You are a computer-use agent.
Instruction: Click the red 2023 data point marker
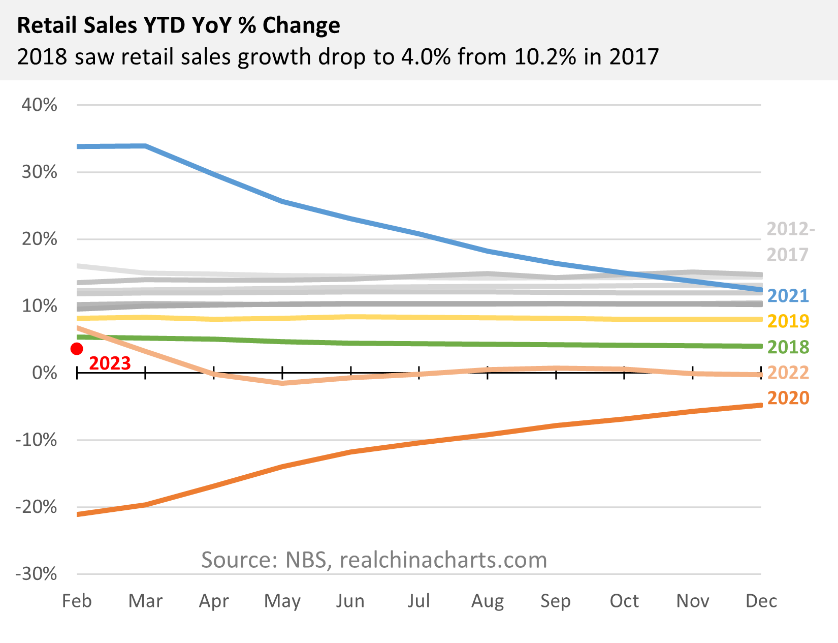pyautogui.click(x=77, y=349)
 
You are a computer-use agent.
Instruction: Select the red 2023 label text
pyautogui.click(x=110, y=363)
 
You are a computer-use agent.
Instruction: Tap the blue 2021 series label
pyautogui.click(x=788, y=295)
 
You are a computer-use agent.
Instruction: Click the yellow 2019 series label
pyautogui.click(x=788, y=321)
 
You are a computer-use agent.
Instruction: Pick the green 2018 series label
pyautogui.click(x=788, y=347)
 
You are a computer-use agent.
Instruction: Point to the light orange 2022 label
pyautogui.click(x=788, y=373)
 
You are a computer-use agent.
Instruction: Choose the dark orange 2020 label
pyautogui.click(x=788, y=398)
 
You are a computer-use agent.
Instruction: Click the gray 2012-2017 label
pyautogui.click(x=790, y=241)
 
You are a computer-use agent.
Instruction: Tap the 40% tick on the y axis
pyautogui.click(x=39, y=105)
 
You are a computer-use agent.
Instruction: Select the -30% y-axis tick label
pyautogui.click(x=36, y=574)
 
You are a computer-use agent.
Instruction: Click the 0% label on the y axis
pyautogui.click(x=44, y=373)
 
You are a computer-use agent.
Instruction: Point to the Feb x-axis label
pyautogui.click(x=77, y=601)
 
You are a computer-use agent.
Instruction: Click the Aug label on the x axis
pyautogui.click(x=487, y=601)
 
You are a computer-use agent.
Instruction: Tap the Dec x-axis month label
pyautogui.click(x=761, y=601)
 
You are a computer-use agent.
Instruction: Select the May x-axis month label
pyautogui.click(x=282, y=601)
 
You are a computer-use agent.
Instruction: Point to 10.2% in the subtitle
pyautogui.click(x=545, y=56)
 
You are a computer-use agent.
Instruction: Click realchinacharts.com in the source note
pyautogui.click(x=443, y=560)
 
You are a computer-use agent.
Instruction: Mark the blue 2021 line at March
pyautogui.click(x=146, y=146)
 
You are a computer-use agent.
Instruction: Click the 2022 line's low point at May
pyautogui.click(x=282, y=383)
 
